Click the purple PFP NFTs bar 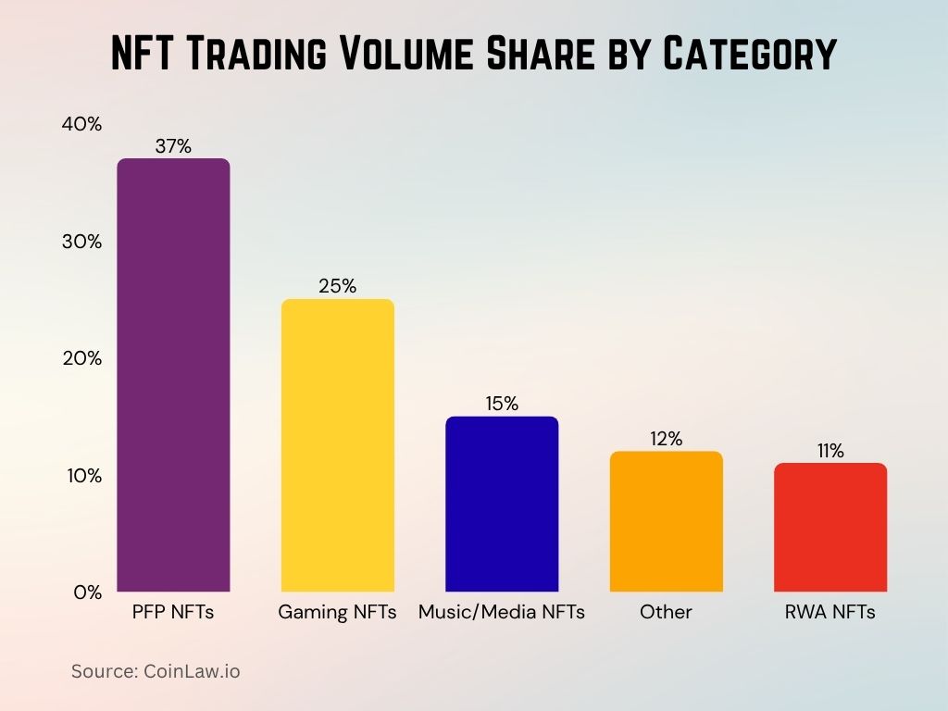[x=173, y=375]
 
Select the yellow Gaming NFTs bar [x=337, y=445]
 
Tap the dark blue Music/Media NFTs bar [x=502, y=504]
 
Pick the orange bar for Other [x=666, y=521]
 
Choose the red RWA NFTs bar [x=830, y=527]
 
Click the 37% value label [x=173, y=145]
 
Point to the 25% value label [x=337, y=286]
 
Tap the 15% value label [x=502, y=404]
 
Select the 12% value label [x=666, y=439]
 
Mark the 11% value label [x=830, y=451]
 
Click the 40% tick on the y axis [x=81, y=124]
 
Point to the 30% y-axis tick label [x=81, y=242]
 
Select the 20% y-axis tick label [x=81, y=358]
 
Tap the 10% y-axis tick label [x=81, y=476]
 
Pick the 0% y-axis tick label [x=87, y=592]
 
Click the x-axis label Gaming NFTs [x=337, y=612]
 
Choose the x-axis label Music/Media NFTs [x=502, y=612]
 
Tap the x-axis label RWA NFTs [x=830, y=612]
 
